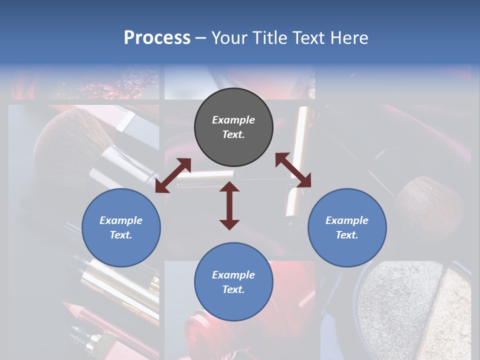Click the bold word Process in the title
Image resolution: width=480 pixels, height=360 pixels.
[x=157, y=37]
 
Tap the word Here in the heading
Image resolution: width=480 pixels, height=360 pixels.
[x=349, y=37]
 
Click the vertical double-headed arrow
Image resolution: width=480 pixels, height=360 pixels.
[x=229, y=205]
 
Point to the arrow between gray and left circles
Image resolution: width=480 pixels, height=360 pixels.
[x=173, y=175]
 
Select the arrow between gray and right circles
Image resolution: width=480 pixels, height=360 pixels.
[x=293, y=170]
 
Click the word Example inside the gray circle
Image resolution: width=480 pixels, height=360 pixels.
[x=233, y=120]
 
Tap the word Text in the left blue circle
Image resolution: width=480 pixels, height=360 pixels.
[x=121, y=235]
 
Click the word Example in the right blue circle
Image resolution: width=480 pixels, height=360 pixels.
[x=347, y=220]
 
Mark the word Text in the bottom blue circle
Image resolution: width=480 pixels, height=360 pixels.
[x=233, y=289]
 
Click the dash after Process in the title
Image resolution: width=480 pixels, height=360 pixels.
[x=201, y=38]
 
